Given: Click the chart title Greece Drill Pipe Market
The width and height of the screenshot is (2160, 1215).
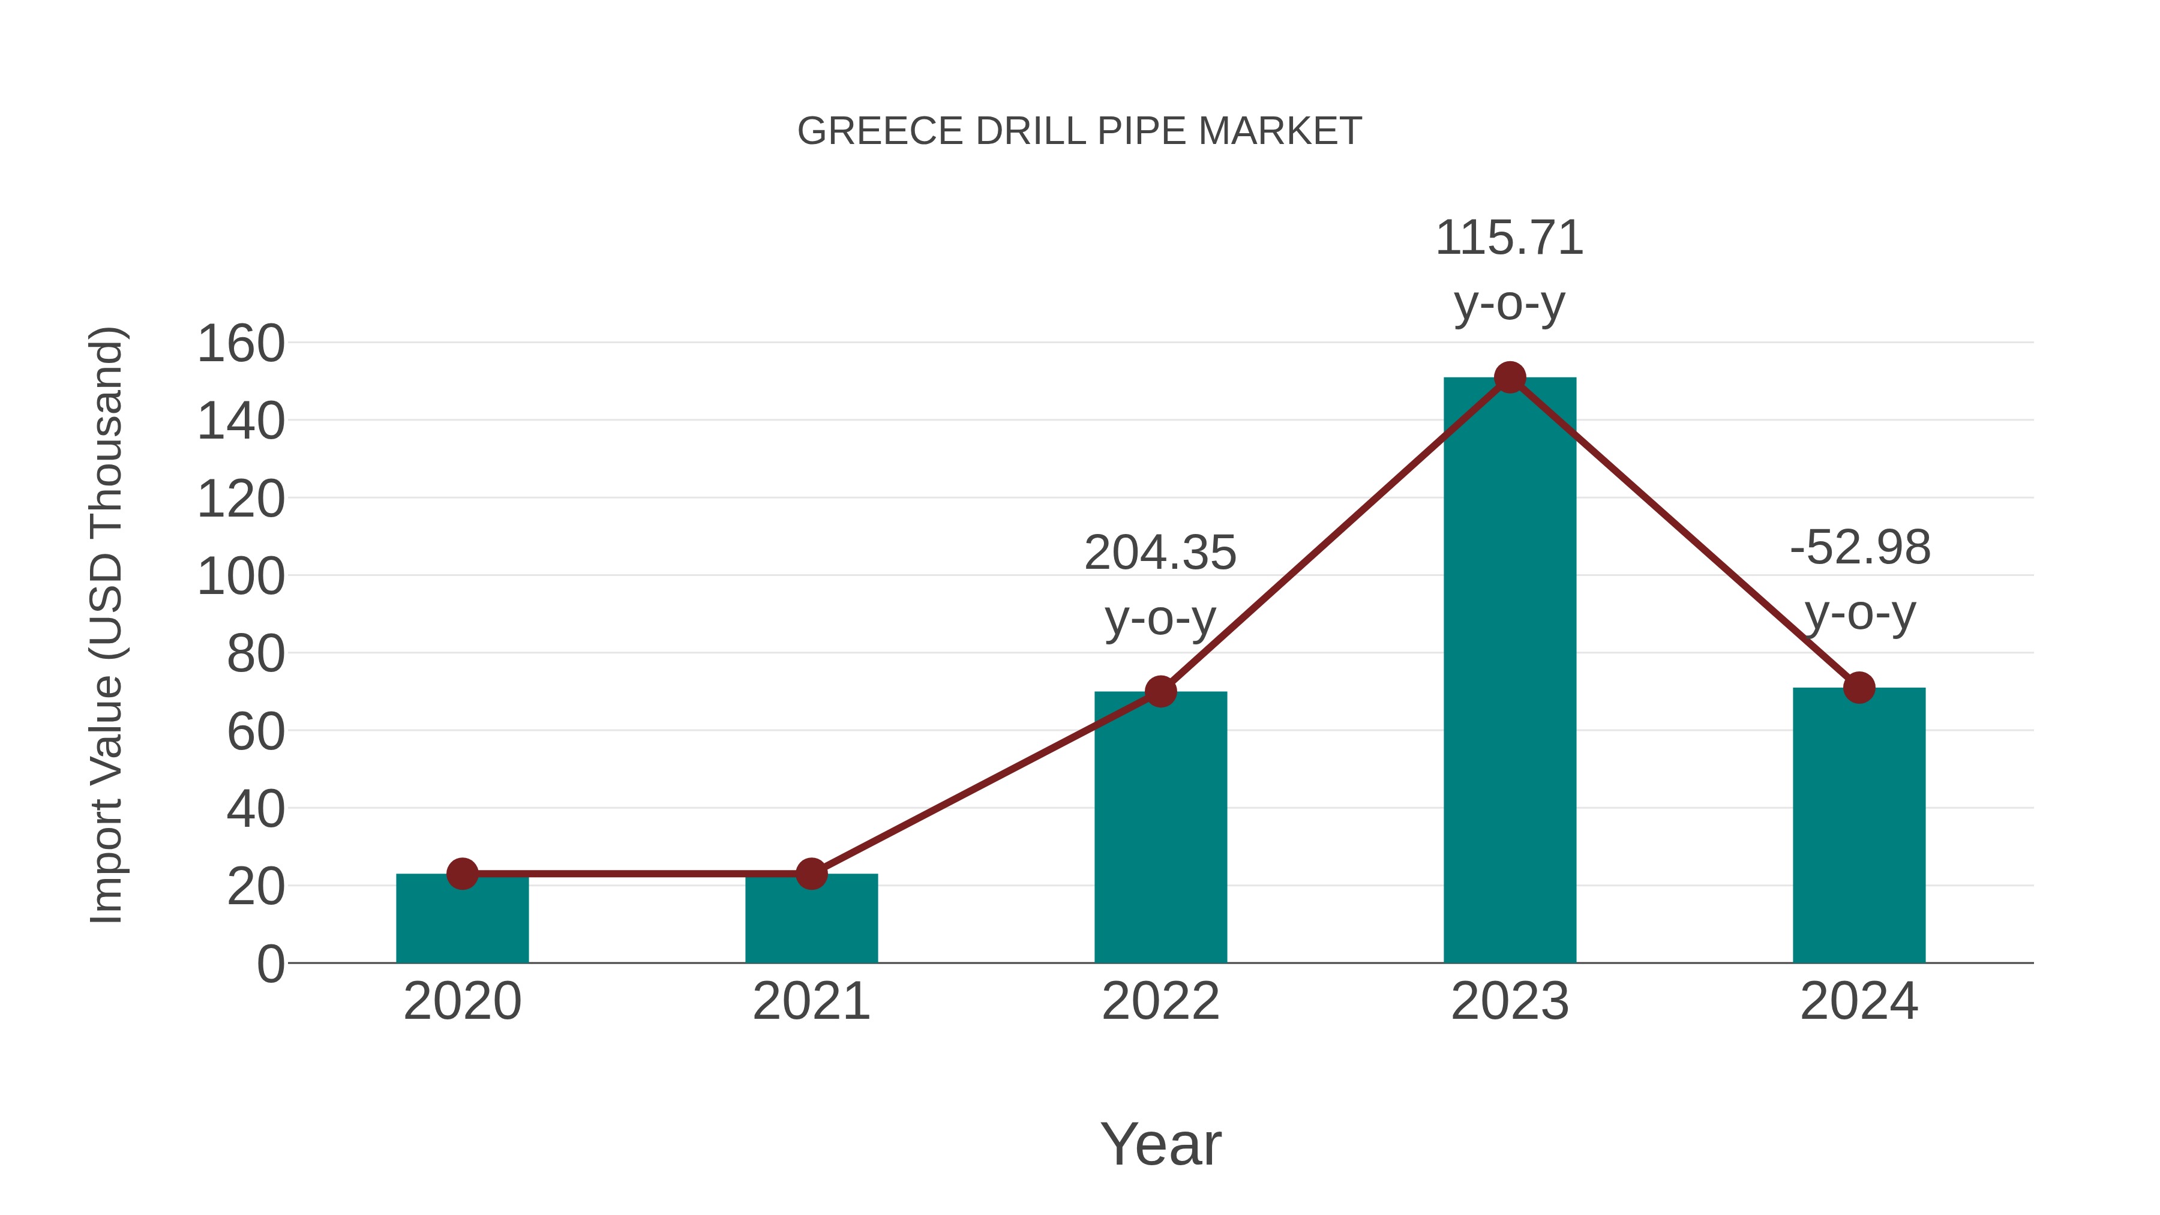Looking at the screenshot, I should [x=1079, y=131].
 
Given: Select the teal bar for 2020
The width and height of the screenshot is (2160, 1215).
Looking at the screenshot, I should [x=462, y=922].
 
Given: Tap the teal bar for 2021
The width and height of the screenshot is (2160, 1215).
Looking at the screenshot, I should [x=811, y=922].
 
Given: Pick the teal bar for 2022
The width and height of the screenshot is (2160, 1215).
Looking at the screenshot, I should [x=1160, y=830].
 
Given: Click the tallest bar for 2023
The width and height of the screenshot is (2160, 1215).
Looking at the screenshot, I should [x=1510, y=671].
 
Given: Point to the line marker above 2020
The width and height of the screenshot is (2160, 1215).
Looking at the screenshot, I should [x=462, y=874].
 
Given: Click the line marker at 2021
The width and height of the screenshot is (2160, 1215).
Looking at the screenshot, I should [x=811, y=874].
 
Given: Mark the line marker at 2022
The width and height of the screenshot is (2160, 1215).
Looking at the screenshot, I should [x=1160, y=692].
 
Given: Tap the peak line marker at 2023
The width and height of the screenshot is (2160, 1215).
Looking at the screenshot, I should [x=1510, y=377].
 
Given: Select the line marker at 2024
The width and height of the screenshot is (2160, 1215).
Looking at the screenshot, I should [x=1859, y=688].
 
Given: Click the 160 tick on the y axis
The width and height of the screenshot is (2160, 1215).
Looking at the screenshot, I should [x=241, y=344].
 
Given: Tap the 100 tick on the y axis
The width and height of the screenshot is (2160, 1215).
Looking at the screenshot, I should [x=241, y=577].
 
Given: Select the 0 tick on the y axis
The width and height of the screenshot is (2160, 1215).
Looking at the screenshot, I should [x=270, y=964].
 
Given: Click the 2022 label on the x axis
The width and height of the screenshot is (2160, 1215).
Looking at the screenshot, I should [x=1160, y=1001].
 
